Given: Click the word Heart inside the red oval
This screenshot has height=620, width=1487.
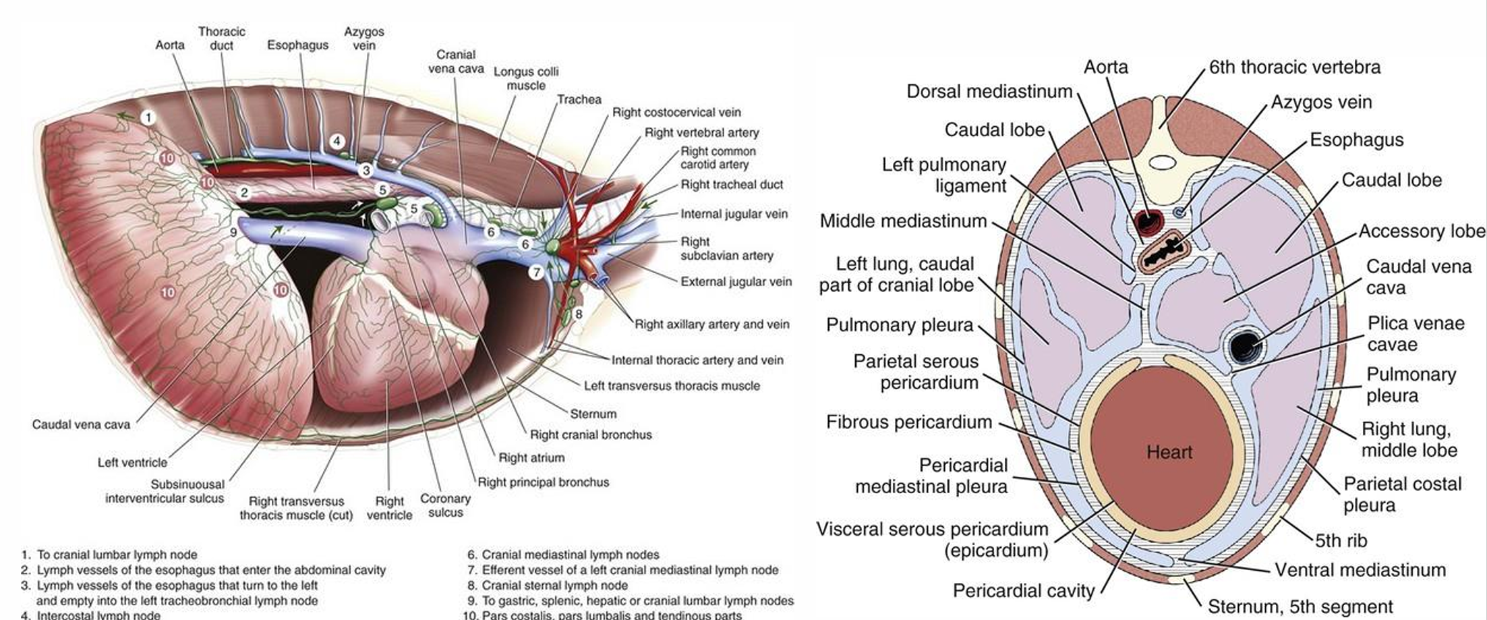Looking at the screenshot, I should click(1169, 452).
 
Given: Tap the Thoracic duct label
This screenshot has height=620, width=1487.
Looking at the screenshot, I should click(221, 38).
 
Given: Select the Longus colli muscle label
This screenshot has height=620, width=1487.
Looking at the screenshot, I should click(526, 78).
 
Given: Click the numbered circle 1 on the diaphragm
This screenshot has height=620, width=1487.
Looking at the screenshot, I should click(148, 117).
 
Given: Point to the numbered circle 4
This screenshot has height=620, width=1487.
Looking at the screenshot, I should click(337, 141).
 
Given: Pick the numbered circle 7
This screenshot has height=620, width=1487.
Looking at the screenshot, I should click(536, 272).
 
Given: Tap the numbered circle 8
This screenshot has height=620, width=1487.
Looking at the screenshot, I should click(578, 314).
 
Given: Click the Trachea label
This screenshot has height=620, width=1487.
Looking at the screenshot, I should click(579, 99).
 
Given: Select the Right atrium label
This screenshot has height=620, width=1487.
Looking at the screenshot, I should click(531, 457).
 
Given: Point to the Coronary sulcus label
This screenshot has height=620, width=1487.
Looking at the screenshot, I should click(445, 505).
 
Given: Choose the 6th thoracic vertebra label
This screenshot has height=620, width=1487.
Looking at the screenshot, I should click(1294, 67).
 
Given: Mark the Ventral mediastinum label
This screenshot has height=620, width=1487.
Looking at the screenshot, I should click(1360, 570).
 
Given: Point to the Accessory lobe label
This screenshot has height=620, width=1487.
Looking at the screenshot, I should click(1421, 231).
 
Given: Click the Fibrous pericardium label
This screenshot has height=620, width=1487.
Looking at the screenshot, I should click(908, 422).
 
